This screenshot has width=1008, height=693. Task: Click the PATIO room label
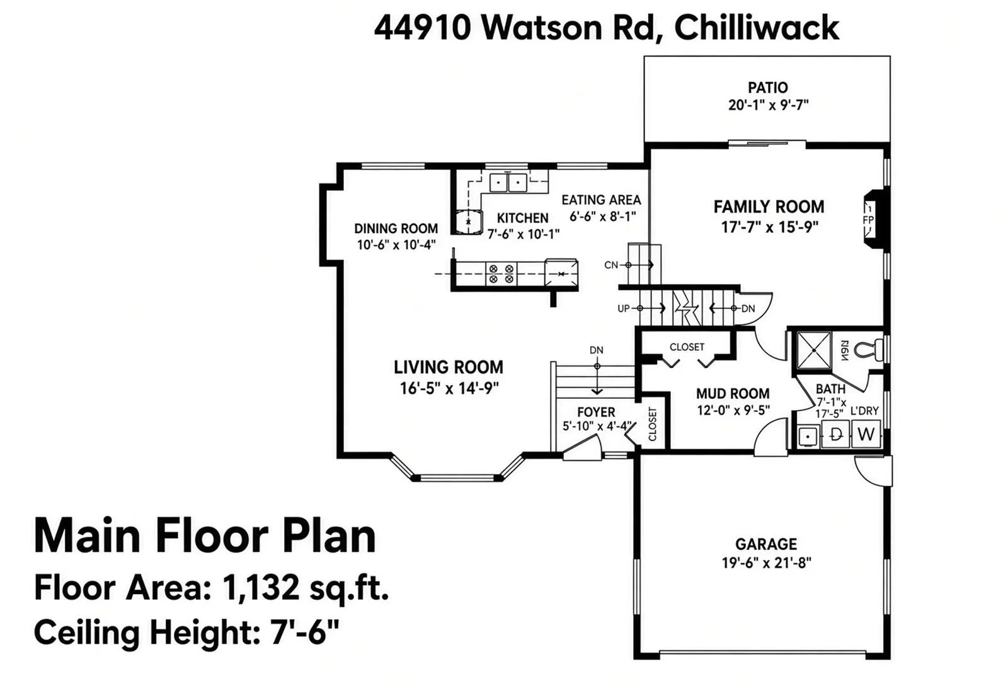tap(768, 88)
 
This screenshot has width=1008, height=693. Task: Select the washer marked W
tap(866, 434)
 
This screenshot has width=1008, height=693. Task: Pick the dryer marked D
tap(835, 434)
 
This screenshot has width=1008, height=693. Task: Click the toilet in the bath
tap(869, 350)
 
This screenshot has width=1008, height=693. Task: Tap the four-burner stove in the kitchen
tap(501, 274)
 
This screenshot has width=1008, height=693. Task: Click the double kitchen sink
tap(508, 183)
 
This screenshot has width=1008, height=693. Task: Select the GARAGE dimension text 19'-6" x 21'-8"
tap(766, 563)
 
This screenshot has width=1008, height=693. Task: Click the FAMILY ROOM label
tap(769, 207)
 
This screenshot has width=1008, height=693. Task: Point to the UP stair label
tap(623, 309)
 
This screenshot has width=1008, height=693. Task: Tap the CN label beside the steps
tap(611, 265)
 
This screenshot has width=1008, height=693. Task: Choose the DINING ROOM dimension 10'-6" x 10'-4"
tap(396, 245)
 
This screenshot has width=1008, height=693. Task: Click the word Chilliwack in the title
tap(757, 28)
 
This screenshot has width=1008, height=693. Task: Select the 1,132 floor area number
tap(261, 587)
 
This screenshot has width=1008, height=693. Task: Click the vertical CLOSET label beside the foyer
tap(653, 424)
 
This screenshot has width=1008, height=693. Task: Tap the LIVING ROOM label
tap(449, 367)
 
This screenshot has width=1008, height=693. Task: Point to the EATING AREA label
tap(601, 200)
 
